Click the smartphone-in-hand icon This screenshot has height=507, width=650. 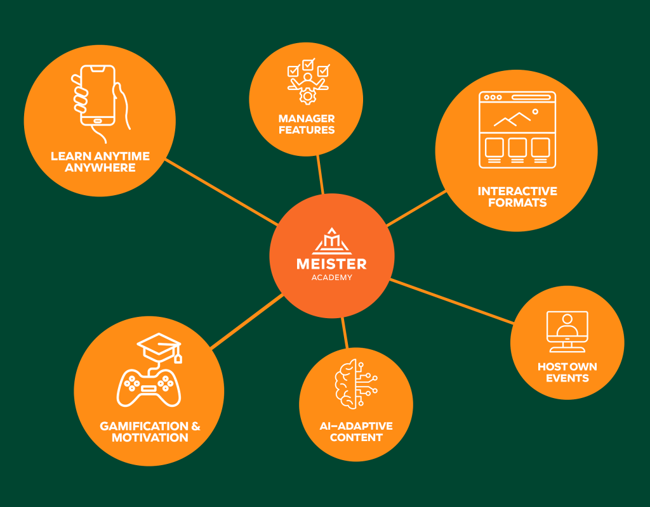click(98, 101)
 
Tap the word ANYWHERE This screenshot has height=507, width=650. click(100, 168)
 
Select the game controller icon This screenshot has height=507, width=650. click(149, 387)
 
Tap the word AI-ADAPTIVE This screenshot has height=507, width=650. click(356, 426)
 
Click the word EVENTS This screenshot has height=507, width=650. click(567, 378)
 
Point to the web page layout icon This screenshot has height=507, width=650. click(517, 130)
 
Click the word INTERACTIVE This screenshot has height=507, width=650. click(517, 191)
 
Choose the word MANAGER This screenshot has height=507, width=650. click(306, 119)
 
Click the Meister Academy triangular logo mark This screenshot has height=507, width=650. click(331, 241)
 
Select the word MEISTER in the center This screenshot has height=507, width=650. click(331, 264)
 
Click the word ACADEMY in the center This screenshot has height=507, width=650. click(331, 278)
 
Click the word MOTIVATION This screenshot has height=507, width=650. click(150, 438)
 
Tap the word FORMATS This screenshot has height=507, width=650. click(517, 203)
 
